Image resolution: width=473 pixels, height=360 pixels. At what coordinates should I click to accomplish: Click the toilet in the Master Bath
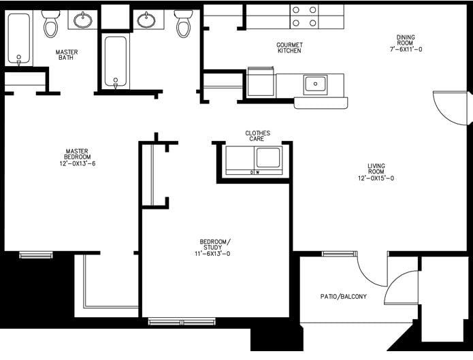pyautogui.click(x=51, y=24)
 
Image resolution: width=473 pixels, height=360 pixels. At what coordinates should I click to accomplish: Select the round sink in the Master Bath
pyautogui.click(x=83, y=20)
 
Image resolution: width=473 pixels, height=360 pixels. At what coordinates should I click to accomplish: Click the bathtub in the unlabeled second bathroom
pyautogui.click(x=116, y=61)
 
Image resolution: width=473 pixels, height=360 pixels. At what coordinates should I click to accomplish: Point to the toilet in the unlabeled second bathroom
pyautogui.click(x=183, y=24)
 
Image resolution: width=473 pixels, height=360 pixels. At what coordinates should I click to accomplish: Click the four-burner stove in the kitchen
pyautogui.click(x=304, y=16)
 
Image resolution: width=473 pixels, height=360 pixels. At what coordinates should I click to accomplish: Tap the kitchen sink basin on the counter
pyautogui.click(x=314, y=84)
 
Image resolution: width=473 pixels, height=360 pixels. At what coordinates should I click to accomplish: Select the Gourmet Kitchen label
pyautogui.click(x=289, y=48)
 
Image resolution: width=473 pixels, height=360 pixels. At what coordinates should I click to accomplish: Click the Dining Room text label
pyautogui.click(x=406, y=37)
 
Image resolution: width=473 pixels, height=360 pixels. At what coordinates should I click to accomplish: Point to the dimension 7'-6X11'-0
pyautogui.click(x=406, y=50)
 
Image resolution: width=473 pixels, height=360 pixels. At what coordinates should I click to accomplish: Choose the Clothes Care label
pyautogui.click(x=258, y=136)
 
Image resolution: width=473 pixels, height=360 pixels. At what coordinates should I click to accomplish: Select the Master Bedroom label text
pyautogui.click(x=78, y=154)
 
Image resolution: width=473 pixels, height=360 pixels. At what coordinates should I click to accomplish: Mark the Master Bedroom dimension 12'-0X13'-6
pyautogui.click(x=78, y=164)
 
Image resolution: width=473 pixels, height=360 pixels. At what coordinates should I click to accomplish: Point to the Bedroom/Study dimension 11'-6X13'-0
pyautogui.click(x=215, y=254)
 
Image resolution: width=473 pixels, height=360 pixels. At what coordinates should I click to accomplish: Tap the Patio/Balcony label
pyautogui.click(x=344, y=297)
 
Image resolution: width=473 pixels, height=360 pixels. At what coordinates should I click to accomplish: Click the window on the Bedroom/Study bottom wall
pyautogui.click(x=183, y=321)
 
